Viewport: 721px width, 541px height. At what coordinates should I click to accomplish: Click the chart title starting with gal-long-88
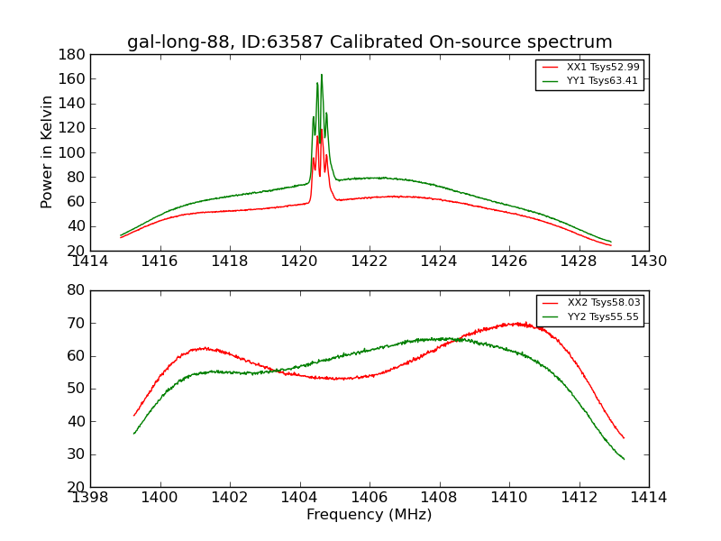pyautogui.click(x=370, y=42)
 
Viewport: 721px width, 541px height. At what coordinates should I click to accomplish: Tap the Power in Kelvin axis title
pyautogui.click(x=47, y=152)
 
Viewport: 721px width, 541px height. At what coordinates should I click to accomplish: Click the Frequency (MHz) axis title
pyautogui.click(x=370, y=515)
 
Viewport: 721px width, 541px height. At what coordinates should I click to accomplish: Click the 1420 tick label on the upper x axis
pyautogui.click(x=300, y=261)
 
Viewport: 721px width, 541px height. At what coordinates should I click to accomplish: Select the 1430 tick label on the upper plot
pyautogui.click(x=648, y=261)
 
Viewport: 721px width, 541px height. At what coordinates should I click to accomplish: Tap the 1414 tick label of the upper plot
pyautogui.click(x=90, y=261)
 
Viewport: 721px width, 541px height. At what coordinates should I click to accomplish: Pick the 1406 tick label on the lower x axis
pyautogui.click(x=370, y=497)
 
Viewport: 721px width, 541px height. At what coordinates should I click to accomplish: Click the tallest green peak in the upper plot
pyautogui.click(x=321, y=75)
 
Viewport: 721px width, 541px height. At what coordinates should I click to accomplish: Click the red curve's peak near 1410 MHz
pyautogui.click(x=516, y=323)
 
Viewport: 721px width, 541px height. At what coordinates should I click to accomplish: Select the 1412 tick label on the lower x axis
pyautogui.click(x=579, y=497)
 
